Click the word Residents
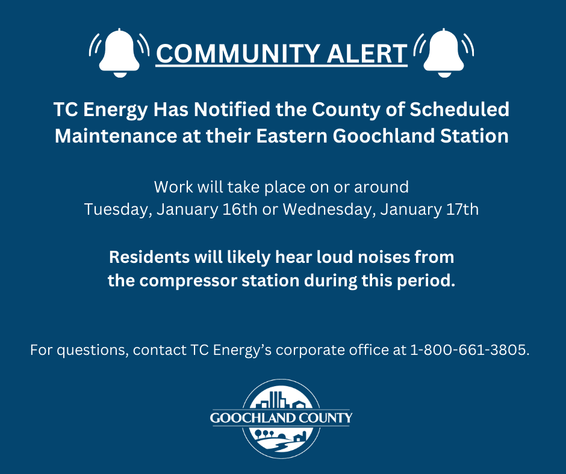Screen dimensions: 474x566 point(147,257)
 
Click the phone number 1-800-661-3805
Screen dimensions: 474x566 point(470,350)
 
